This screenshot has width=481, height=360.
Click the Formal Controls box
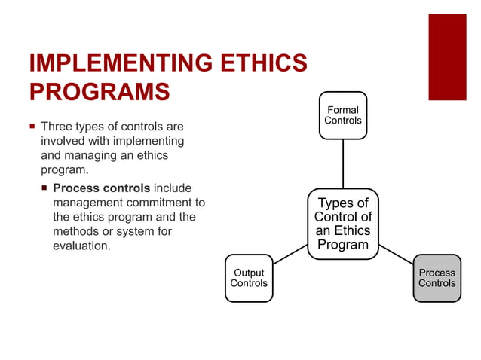[x=343, y=115]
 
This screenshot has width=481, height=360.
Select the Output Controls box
[x=249, y=278]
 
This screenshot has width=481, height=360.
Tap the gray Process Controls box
[x=437, y=278]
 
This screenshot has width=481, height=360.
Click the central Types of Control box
[x=343, y=224]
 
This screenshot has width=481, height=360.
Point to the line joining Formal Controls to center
[x=343, y=163]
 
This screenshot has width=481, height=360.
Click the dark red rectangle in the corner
[x=447, y=56]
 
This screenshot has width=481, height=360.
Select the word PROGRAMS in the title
[x=99, y=91]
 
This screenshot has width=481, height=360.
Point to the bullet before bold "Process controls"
[x=44, y=188]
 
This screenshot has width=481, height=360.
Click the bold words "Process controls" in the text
[x=102, y=188]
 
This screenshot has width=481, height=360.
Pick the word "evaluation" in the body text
[x=82, y=246]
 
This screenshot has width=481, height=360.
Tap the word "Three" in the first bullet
[x=56, y=126]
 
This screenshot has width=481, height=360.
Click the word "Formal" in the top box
[x=343, y=110]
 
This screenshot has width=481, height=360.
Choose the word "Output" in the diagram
[x=249, y=273]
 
